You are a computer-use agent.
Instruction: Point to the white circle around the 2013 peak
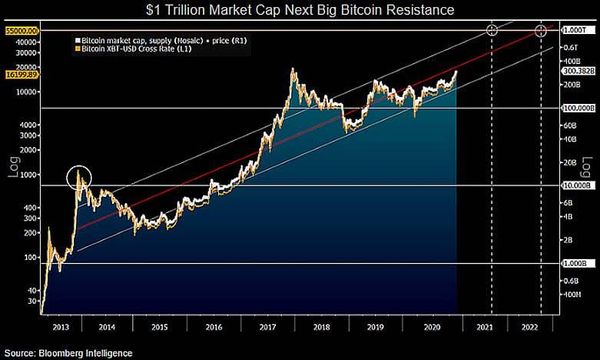point(81,179)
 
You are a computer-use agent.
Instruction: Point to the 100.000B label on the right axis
point(579,107)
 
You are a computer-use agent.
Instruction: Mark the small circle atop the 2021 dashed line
point(491,30)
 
